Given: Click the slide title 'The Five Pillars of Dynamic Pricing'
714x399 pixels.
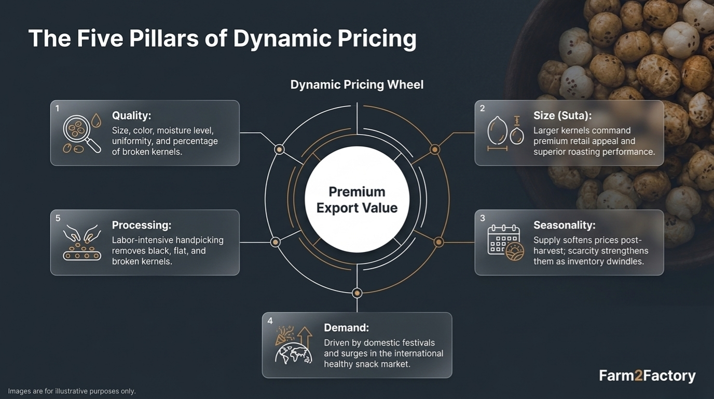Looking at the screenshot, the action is (x=222, y=38).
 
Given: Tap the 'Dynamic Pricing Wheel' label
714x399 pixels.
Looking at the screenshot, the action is (x=356, y=85).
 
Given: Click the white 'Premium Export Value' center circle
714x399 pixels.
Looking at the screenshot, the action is (x=357, y=199).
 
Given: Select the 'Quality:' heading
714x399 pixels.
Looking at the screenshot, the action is (x=131, y=115).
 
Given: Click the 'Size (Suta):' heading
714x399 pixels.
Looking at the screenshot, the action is (x=562, y=115).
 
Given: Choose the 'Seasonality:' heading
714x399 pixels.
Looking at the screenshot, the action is (x=564, y=225).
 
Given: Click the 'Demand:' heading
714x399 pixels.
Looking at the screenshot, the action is (x=346, y=328).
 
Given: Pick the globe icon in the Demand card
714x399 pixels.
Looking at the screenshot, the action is (x=293, y=353).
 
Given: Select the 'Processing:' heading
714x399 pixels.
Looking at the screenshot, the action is (x=142, y=225).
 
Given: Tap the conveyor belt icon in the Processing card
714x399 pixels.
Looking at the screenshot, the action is (x=82, y=256).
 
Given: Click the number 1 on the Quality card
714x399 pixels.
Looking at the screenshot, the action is (x=58, y=109).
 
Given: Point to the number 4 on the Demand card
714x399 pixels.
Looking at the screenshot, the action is (x=270, y=321).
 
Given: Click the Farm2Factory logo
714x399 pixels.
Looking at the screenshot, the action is (x=647, y=376).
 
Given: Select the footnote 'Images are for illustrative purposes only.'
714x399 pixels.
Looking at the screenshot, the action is (x=72, y=391).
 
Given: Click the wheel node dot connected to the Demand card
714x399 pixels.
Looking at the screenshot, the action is (x=357, y=293).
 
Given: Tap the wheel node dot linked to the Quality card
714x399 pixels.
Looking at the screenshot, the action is (x=279, y=149).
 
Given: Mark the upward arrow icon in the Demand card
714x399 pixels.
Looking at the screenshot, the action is (x=305, y=337).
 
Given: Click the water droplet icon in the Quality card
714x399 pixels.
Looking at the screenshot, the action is (x=96, y=121).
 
